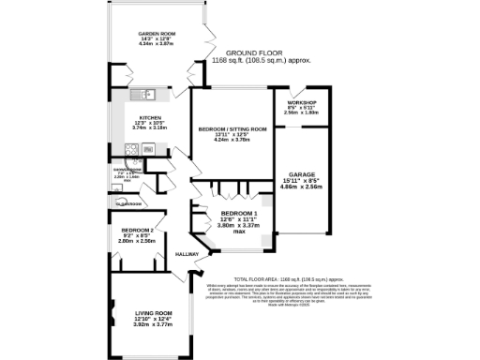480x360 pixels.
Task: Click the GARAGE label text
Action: pyautogui.click(x=301, y=175)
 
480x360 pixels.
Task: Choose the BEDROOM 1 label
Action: pyautogui.click(x=225, y=213)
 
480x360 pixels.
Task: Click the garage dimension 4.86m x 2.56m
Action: pyautogui.click(x=301, y=187)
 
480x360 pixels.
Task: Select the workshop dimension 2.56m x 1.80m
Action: pyautogui.click(x=301, y=112)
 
